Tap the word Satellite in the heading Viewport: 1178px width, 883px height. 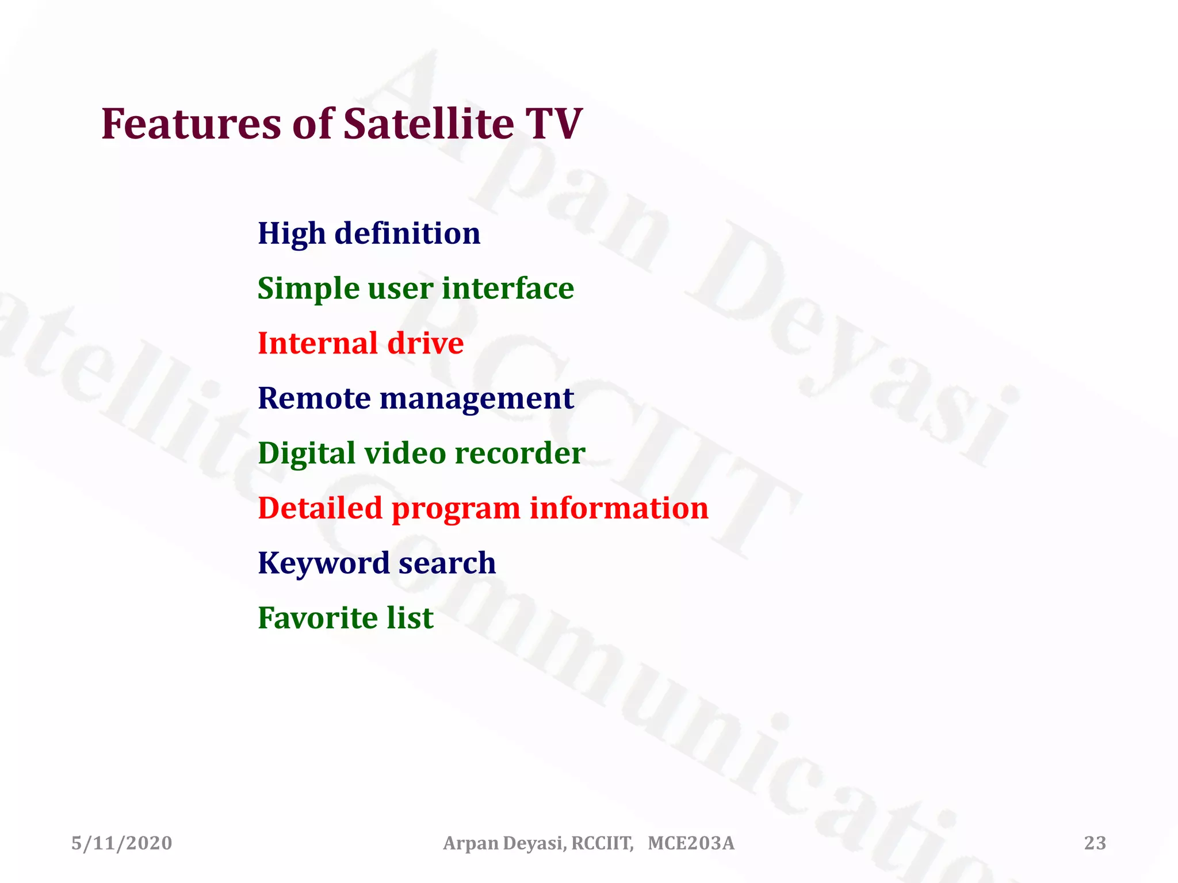[429, 124]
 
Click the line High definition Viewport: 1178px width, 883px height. [369, 234]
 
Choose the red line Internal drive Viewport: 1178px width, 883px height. [361, 344]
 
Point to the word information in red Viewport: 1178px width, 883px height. [619, 508]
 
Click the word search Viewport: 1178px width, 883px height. [447, 563]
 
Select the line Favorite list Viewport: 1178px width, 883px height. [345, 619]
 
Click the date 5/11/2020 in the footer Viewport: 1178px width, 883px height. [122, 843]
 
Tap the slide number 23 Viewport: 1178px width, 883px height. [1095, 843]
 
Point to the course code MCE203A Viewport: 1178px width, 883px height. [691, 843]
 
